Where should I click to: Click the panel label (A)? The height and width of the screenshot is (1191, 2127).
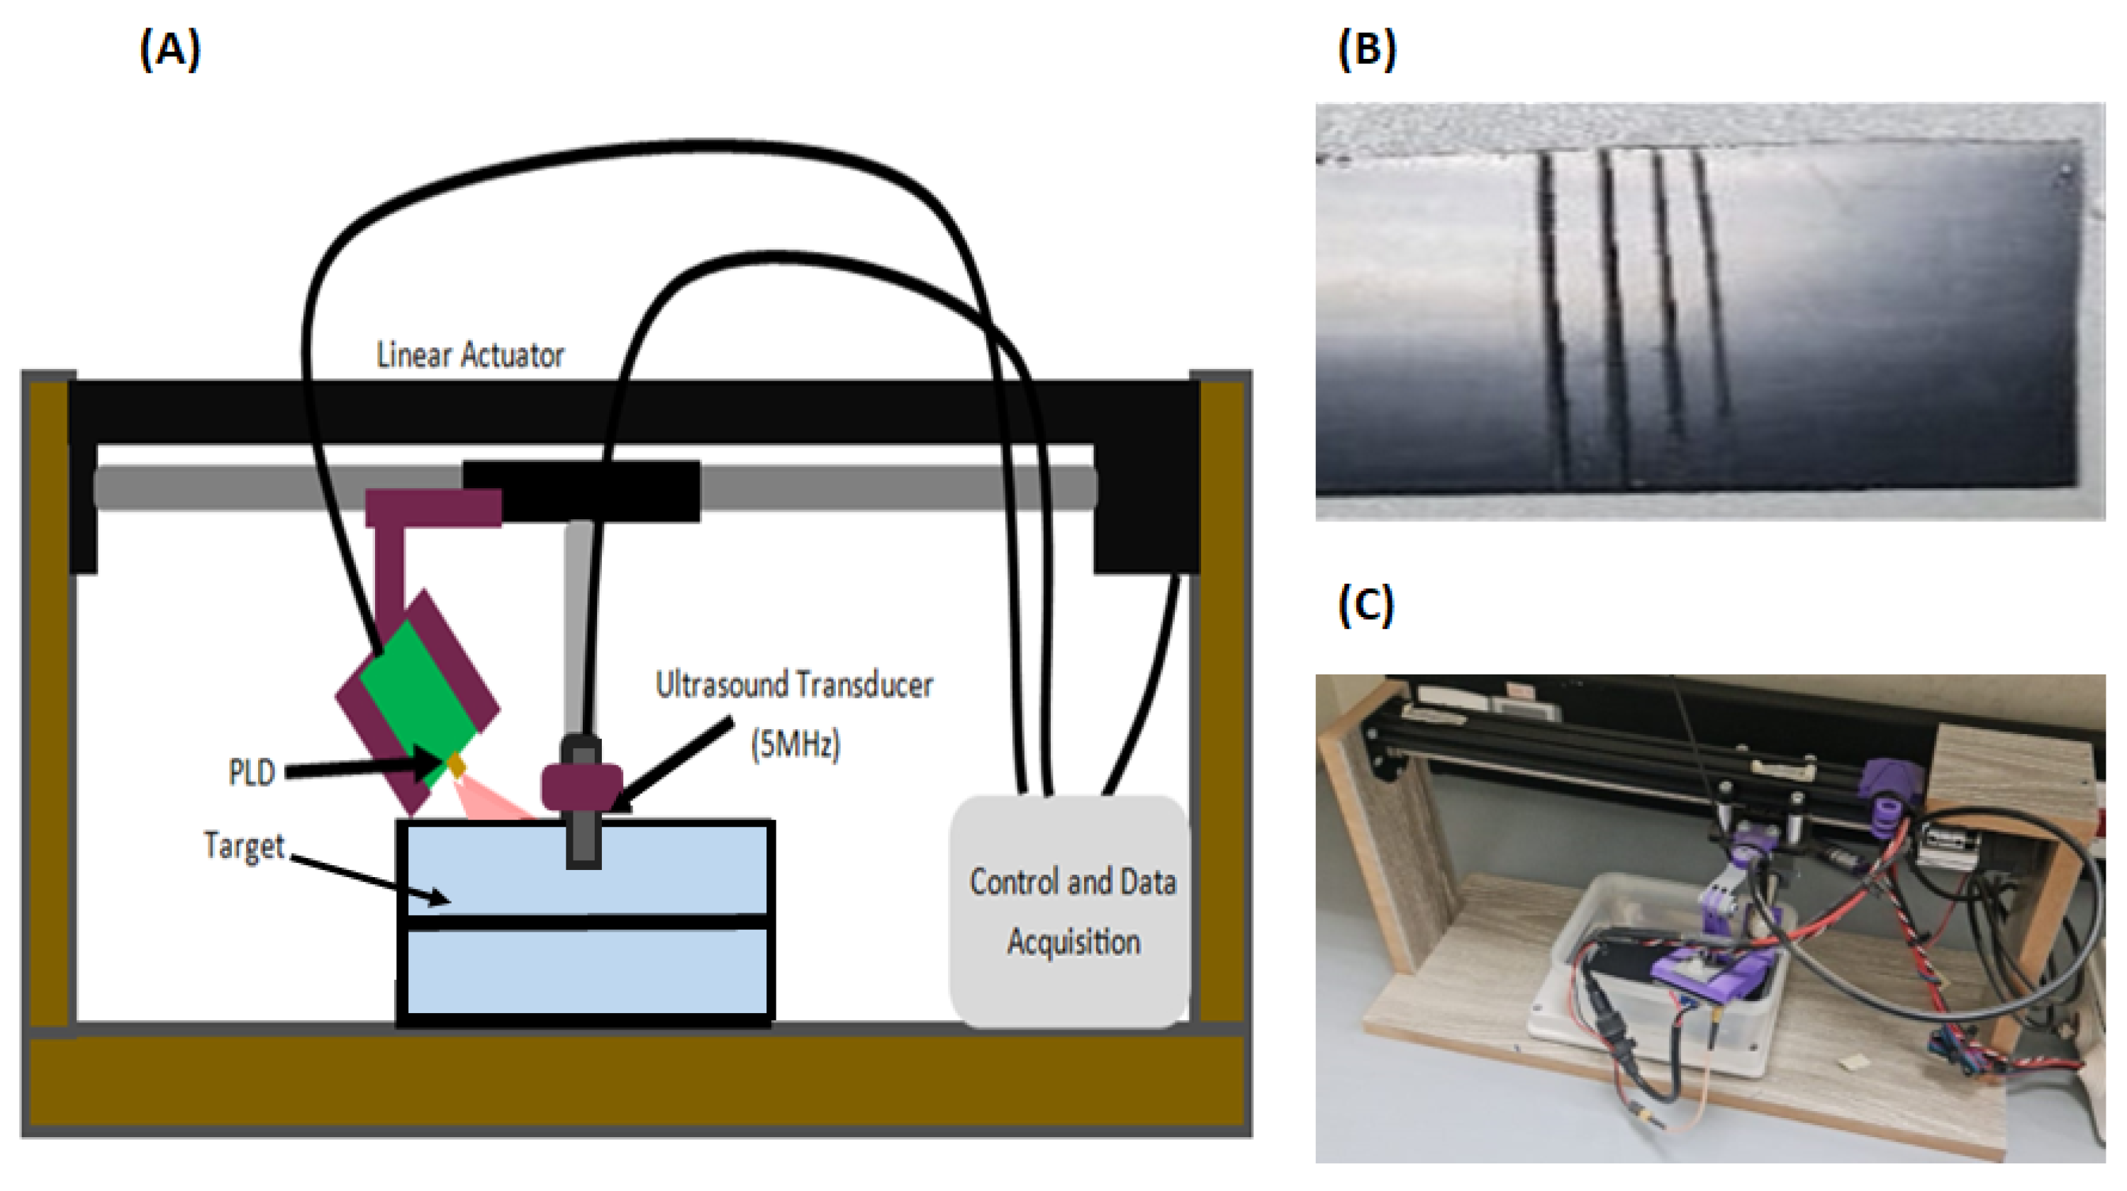[170, 50]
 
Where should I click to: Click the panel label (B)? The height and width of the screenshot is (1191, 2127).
[1366, 50]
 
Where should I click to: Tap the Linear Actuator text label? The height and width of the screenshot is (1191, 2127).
[470, 355]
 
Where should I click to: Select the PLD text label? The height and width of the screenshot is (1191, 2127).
[251, 772]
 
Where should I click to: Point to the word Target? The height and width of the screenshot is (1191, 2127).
[244, 846]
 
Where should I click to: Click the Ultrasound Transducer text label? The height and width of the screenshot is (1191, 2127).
[794, 685]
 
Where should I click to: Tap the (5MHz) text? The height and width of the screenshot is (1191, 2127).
[795, 745]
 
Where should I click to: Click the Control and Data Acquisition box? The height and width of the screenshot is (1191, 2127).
[1070, 911]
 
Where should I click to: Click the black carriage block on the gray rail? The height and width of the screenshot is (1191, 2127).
[581, 491]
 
